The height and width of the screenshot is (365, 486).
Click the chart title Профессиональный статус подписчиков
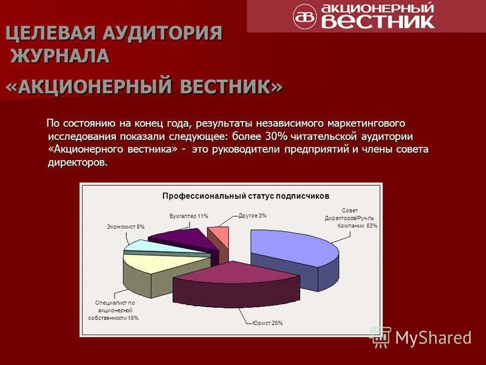coord(245,196)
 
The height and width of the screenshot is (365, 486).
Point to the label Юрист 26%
coord(268,322)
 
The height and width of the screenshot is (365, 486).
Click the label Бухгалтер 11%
coord(189,216)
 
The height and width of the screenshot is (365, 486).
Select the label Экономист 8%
coord(126,226)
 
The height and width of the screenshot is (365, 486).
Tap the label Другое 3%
coord(252,215)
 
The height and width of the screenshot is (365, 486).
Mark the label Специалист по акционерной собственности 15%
coord(113,310)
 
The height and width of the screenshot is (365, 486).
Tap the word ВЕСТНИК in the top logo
coord(377,21)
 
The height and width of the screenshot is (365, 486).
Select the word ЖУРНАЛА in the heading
coord(60,56)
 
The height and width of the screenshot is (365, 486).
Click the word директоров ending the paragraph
coord(77,162)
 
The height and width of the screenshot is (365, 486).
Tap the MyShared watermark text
coord(433,337)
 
